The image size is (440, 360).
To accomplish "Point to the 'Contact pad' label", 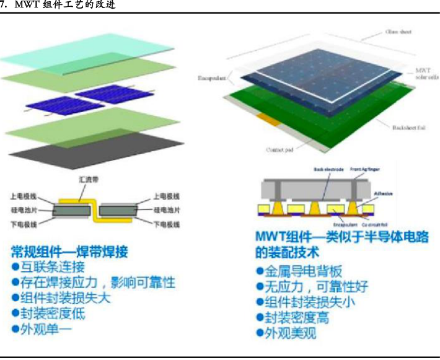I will click(x=279, y=149).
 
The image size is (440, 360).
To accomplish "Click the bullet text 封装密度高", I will click(x=299, y=318).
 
